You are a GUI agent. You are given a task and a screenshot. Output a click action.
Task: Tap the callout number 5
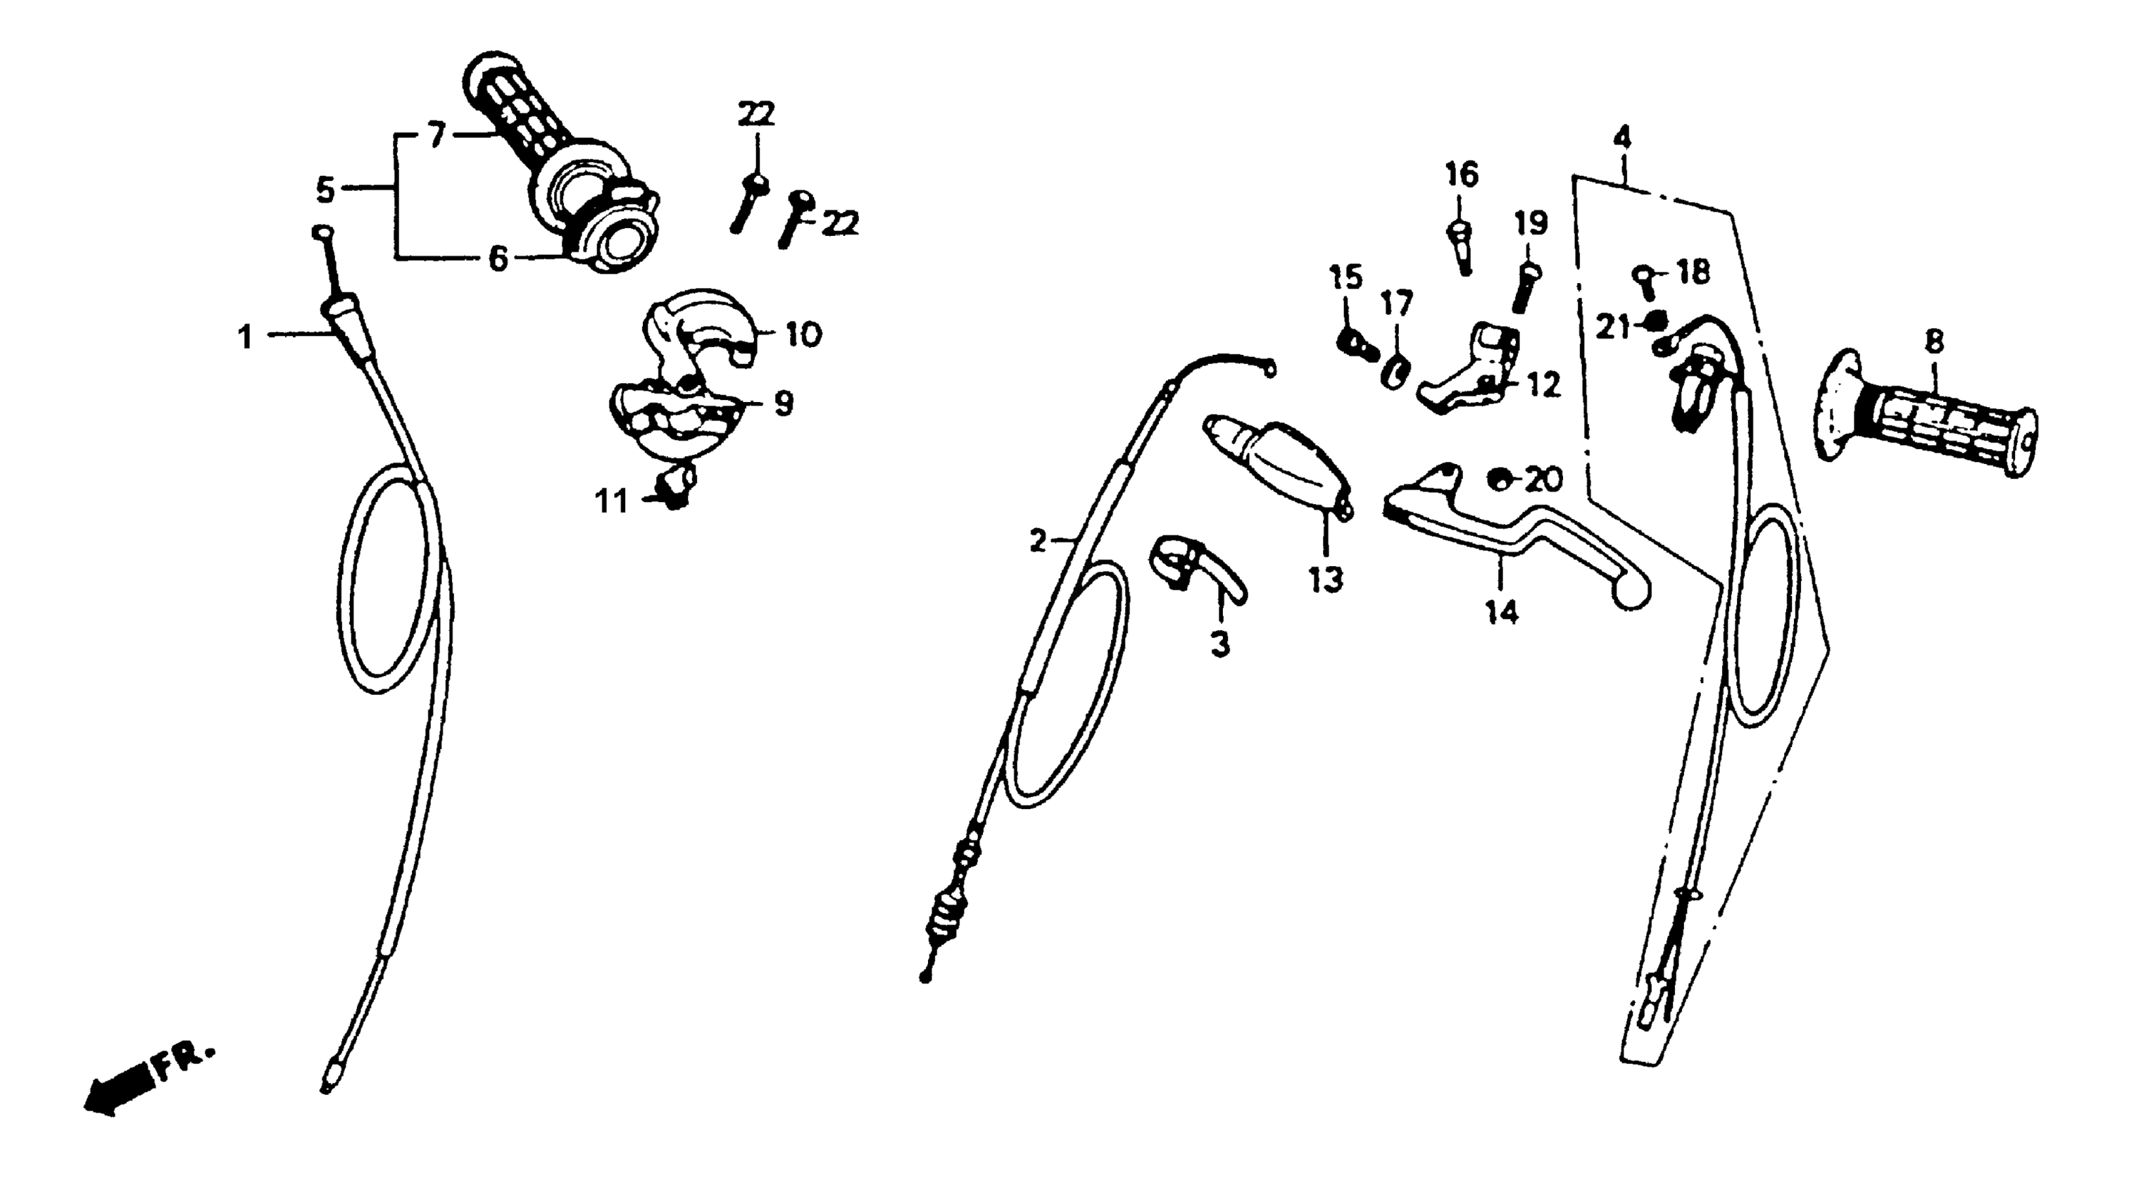click(x=325, y=191)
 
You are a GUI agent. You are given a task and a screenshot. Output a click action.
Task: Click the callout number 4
click(x=1621, y=136)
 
